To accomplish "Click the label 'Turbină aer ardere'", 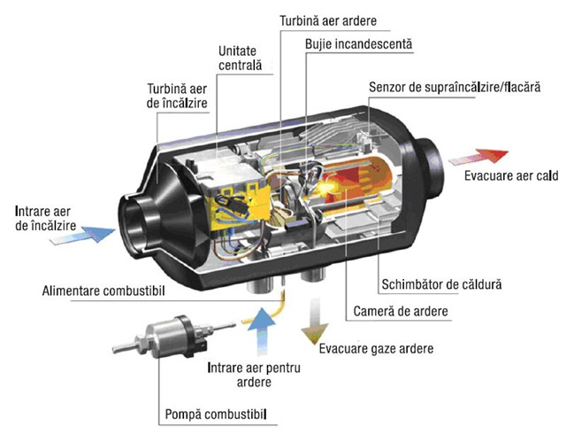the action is coord(328,21).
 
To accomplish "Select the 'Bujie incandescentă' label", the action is coord(358,44).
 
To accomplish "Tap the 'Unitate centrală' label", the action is coord(241,58).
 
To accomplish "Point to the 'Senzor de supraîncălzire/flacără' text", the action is coord(455,88).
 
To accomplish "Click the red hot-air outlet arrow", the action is coord(478,156).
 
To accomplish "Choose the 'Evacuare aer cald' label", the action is coord(511,175).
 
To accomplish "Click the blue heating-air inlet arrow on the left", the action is coord(82,235).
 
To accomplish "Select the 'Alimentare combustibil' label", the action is coord(103,291).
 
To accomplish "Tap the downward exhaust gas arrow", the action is coord(315,322).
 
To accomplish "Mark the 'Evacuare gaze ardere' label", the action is coord(376,348).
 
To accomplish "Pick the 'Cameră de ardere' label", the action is coord(401,311).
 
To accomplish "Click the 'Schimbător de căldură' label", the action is coord(441,284).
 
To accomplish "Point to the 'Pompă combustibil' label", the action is coord(216,415).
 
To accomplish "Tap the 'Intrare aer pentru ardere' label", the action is coord(254,375).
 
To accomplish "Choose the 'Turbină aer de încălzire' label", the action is coord(177,96).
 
